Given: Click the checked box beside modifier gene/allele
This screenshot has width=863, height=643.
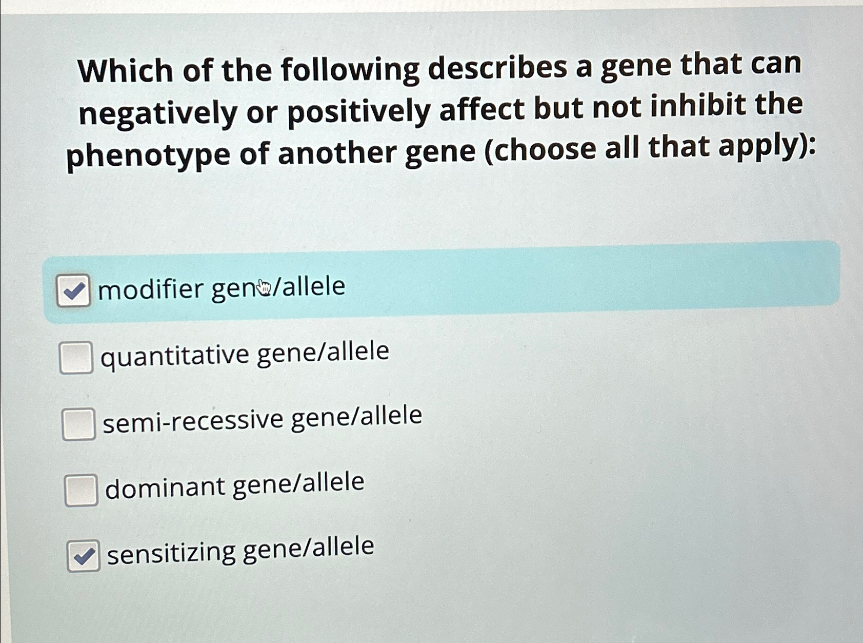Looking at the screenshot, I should [73, 291].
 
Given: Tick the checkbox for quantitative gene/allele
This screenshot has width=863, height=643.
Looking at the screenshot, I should [76, 357].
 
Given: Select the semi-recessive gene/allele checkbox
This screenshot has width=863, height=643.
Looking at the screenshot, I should [78, 424].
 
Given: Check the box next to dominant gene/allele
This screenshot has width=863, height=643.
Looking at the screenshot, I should [81, 490].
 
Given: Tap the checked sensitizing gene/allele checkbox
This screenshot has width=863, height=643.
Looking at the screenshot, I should [83, 555].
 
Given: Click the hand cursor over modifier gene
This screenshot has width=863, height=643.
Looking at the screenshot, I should [264, 287].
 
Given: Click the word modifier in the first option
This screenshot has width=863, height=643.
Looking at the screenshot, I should [151, 290].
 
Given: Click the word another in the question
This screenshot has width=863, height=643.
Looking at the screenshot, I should [336, 153].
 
